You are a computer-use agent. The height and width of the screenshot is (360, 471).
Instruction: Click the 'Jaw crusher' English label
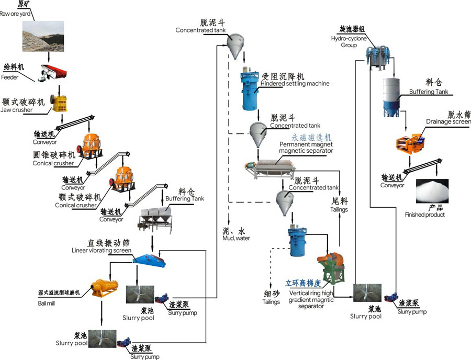[16, 110]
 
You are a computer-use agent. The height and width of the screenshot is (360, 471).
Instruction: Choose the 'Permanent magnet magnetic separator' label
[306, 147]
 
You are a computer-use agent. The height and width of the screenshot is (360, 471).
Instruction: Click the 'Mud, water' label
[236, 238]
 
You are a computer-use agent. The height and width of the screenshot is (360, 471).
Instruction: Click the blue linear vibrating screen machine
[149, 258]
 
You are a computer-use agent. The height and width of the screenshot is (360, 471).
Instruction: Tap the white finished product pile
[432, 192]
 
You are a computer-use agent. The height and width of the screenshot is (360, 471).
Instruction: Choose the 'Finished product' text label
[424, 215]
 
